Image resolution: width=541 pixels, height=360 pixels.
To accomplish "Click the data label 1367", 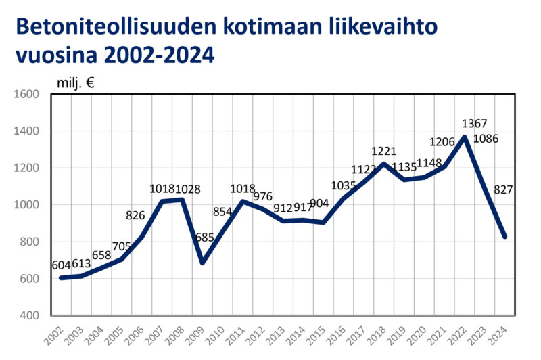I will pos(474,124).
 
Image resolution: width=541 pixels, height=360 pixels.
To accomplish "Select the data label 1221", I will pos(384,152).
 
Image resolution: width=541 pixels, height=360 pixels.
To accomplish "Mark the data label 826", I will pos(137,215).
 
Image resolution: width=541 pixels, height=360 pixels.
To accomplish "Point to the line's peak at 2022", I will pos(465,137).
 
